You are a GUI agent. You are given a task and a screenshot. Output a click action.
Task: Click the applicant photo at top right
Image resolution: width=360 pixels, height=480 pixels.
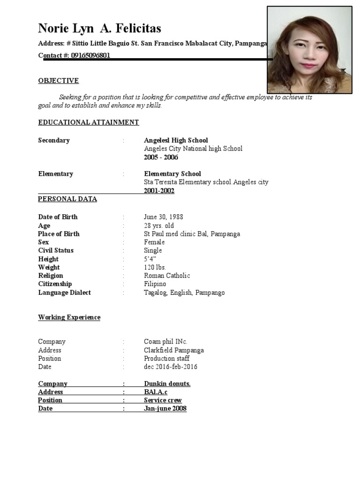[x=309, y=50]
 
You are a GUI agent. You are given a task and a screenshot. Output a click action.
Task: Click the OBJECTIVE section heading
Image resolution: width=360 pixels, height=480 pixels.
[x=59, y=81]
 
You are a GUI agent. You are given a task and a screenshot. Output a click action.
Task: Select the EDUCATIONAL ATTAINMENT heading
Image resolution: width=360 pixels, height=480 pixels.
[x=89, y=122]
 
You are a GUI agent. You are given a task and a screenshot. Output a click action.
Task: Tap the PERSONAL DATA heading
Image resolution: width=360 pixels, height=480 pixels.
[x=67, y=199]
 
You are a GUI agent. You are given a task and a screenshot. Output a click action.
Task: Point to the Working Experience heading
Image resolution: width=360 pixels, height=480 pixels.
[x=69, y=317]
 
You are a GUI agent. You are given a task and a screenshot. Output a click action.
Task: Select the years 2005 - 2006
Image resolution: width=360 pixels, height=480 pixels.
[x=161, y=157]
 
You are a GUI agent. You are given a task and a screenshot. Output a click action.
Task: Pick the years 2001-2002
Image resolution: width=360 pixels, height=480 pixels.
[x=159, y=191]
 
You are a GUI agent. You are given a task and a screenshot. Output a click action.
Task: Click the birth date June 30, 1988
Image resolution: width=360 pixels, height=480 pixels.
[x=164, y=217]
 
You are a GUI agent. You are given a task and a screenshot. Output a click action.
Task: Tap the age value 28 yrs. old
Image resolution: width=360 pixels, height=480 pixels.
[x=159, y=225]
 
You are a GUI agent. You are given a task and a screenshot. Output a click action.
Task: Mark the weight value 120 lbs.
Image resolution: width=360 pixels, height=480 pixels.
[x=155, y=267]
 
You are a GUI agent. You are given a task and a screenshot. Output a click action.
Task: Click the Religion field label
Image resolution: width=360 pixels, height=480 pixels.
[x=51, y=276]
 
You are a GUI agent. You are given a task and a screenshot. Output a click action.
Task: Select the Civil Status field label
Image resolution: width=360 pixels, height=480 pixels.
[x=56, y=250]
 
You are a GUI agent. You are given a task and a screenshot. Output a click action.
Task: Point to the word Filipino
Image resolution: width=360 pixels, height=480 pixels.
[x=155, y=284]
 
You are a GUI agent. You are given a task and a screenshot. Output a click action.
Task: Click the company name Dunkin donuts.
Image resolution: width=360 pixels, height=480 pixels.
[x=167, y=383]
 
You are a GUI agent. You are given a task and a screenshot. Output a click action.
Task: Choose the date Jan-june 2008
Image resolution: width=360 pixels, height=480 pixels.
[x=165, y=408]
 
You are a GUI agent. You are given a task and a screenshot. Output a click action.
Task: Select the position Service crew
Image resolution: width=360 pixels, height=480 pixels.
[x=163, y=400]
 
